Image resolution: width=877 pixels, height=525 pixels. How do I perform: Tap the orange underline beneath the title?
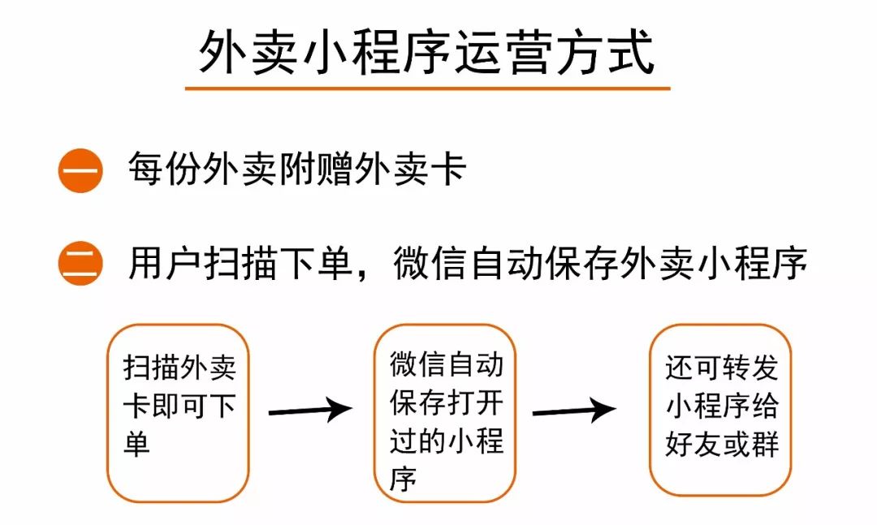pos(427,88)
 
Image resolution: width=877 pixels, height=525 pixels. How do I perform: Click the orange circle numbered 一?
pos(80,170)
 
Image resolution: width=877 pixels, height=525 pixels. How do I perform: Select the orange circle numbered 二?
pos(80,264)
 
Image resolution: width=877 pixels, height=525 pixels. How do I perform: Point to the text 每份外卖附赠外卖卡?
pos(297,168)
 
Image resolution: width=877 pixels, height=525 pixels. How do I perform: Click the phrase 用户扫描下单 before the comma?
pos(240,262)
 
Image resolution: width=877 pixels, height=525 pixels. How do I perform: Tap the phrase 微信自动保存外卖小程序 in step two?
pos(600,262)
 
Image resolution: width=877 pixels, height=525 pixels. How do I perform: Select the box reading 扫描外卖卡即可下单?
pos(178,413)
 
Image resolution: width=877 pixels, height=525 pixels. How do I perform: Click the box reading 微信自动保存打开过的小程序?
pos(445,413)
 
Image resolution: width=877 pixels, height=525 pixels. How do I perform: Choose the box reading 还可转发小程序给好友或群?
pos(720,410)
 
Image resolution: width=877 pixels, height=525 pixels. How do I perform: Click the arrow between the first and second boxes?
pos(310,411)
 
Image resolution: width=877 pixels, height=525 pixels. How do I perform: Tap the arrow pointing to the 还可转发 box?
pos(574,411)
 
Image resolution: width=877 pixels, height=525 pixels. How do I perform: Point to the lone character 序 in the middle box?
pos(404,479)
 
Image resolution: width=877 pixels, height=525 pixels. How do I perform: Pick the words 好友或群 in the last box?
pos(722,445)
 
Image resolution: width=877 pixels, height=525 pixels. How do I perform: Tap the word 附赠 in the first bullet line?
pos(316,168)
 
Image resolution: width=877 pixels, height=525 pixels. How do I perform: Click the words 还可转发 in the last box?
pos(722,368)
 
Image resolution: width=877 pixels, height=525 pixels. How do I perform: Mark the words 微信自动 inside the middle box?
pos(447,364)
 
